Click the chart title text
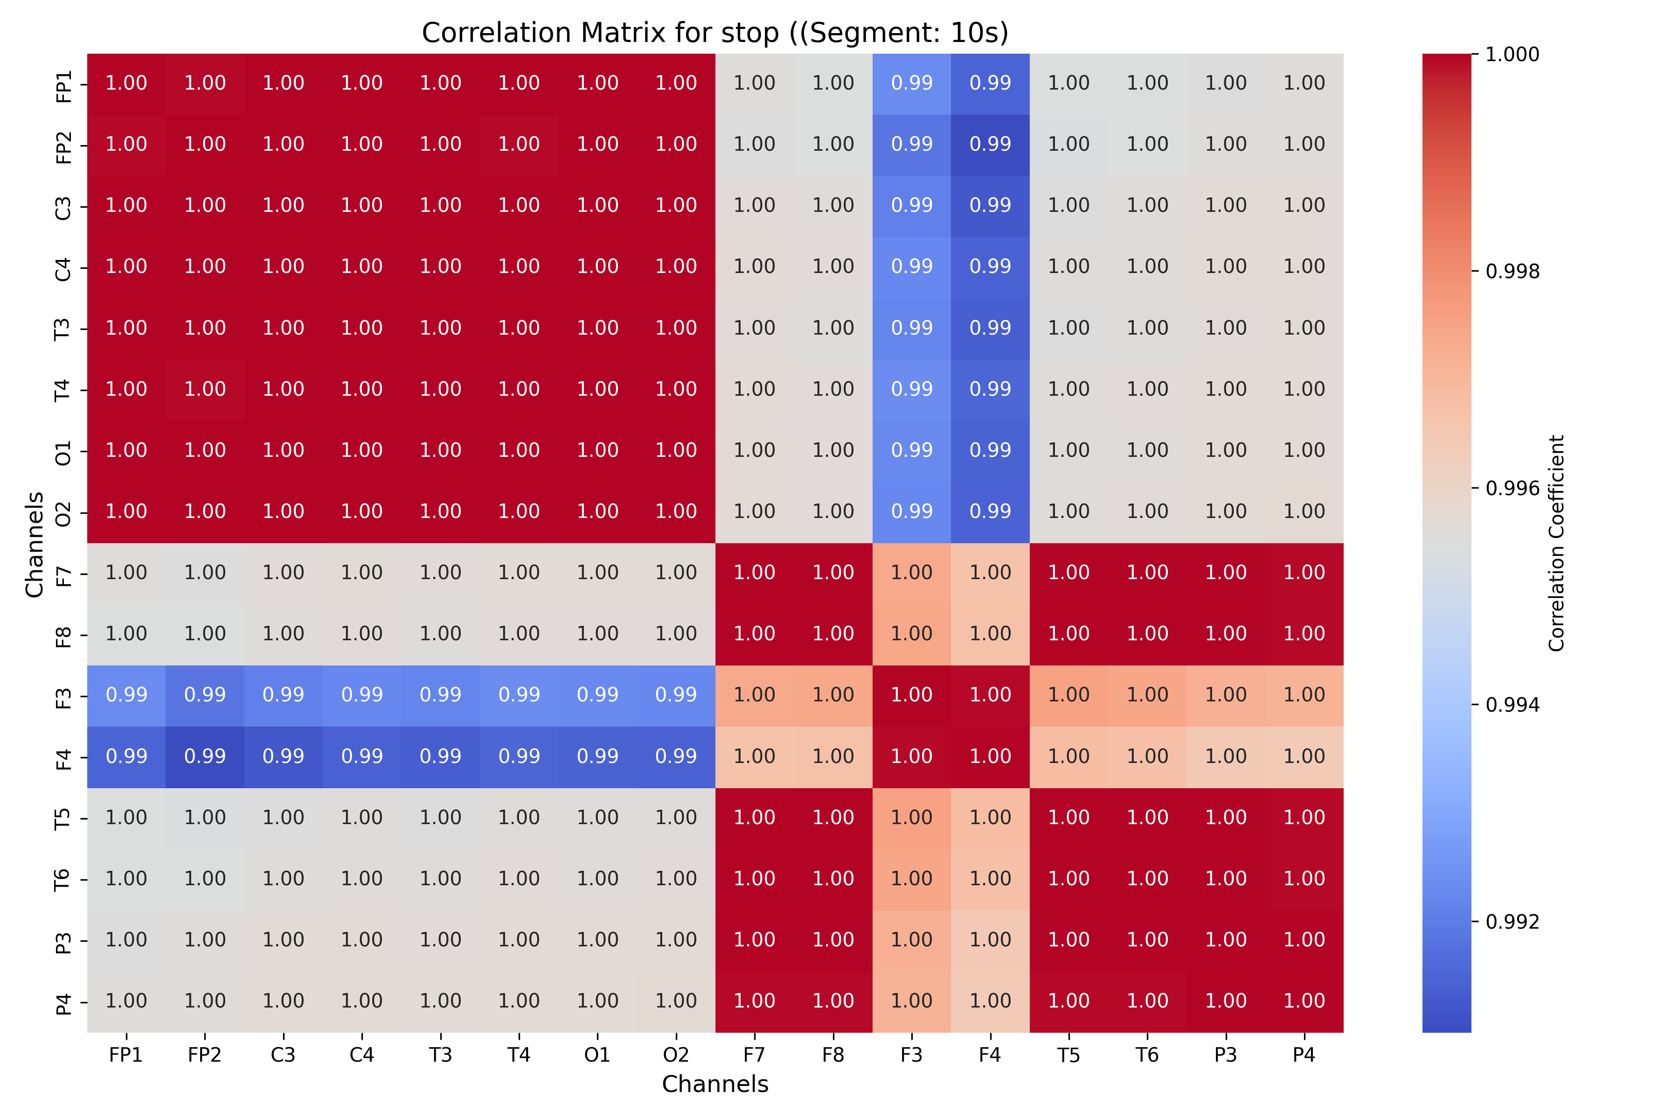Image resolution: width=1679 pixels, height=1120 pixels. [x=715, y=33]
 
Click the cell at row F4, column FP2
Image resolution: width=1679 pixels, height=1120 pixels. [x=205, y=757]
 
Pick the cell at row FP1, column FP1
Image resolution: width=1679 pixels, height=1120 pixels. [x=126, y=84]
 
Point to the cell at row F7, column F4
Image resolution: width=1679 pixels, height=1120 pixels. [x=990, y=574]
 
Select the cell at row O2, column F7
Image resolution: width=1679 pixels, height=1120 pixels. [x=755, y=512]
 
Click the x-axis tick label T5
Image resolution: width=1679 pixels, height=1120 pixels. [x=1068, y=1055]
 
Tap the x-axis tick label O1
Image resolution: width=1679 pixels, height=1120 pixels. [x=597, y=1055]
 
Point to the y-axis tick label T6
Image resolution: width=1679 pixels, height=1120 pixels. [x=63, y=879]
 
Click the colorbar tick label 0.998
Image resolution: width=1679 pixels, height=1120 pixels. [x=1512, y=272]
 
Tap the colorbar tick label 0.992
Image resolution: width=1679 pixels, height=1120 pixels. [x=1512, y=921]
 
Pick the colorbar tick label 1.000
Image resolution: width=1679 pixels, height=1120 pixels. [x=1512, y=54]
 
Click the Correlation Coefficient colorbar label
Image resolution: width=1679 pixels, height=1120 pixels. [x=1556, y=543]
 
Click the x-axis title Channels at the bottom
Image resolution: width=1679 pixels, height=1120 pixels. [x=715, y=1084]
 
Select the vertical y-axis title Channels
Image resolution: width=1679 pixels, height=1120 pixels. [x=34, y=544]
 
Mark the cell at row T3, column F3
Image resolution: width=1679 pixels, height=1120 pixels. [x=912, y=329]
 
